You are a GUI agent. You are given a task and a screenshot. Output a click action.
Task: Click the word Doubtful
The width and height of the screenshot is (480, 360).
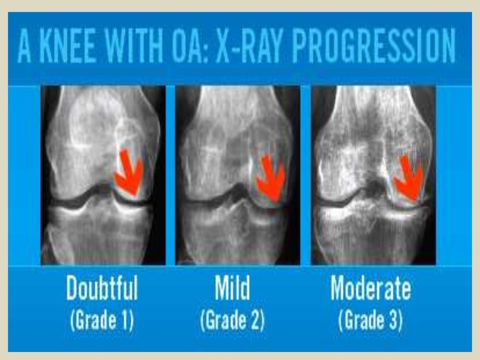click(x=102, y=289)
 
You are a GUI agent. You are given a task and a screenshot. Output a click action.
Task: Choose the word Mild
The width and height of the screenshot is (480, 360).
click(x=232, y=289)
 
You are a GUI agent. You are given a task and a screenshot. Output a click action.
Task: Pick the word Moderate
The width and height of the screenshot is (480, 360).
click(x=370, y=289)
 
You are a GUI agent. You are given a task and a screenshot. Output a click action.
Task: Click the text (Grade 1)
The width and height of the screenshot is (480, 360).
click(x=102, y=321)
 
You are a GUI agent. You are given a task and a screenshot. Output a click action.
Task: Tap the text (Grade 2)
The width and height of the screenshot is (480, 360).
click(x=232, y=321)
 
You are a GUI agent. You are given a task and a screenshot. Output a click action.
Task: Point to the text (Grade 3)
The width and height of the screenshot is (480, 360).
click(x=370, y=321)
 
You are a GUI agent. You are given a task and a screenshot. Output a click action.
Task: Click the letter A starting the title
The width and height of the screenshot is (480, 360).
click(x=24, y=47)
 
